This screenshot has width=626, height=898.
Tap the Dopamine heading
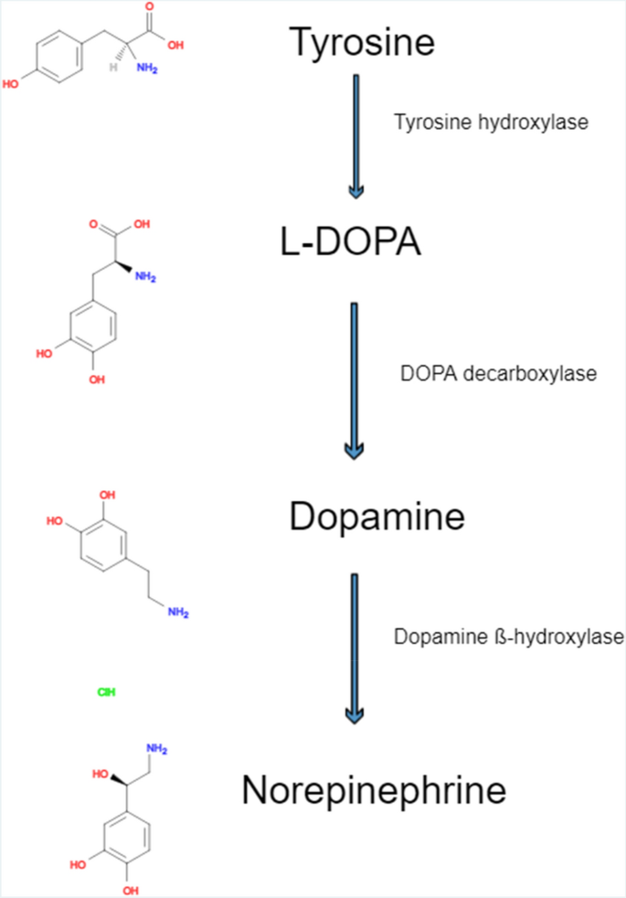[x=377, y=518]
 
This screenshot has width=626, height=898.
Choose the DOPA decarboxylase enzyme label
[x=498, y=373]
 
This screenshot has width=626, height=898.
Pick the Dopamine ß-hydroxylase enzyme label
[x=509, y=636]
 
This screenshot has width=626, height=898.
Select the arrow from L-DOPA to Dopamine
[x=355, y=379]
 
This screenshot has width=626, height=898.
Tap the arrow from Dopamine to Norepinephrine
[x=355, y=645]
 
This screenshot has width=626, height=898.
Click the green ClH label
[x=106, y=692]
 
